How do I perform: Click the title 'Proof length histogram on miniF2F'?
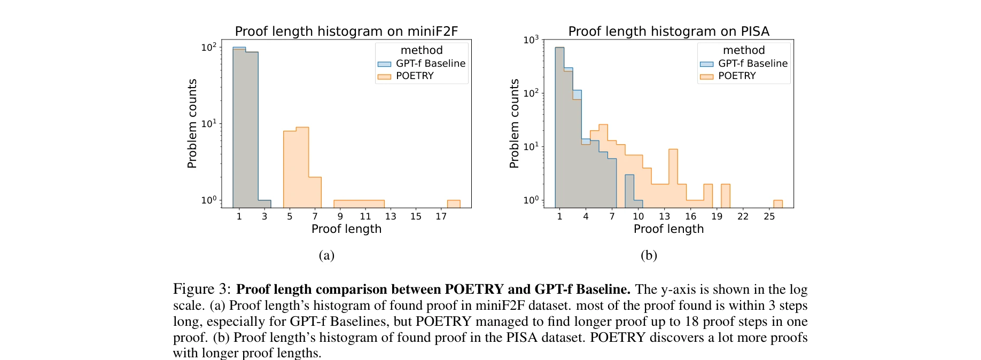[346, 32]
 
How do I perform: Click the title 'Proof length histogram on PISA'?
[668, 32]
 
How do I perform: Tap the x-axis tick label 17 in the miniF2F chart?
[441, 216]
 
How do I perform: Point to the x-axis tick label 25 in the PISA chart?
[769, 216]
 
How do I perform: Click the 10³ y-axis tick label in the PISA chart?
[531, 40]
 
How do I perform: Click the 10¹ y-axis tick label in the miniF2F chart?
[208, 124]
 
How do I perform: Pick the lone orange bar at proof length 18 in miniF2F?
[454, 204]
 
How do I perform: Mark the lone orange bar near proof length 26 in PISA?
[778, 204]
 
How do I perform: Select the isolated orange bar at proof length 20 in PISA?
[725, 195]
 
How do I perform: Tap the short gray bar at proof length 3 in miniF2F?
[264, 204]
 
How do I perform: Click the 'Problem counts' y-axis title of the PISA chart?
[514, 124]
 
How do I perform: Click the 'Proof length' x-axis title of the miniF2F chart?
[346, 229]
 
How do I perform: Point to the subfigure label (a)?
[326, 255]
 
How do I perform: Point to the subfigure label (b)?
[649, 255]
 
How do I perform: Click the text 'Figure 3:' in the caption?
[201, 289]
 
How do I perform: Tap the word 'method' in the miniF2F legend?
[422, 50]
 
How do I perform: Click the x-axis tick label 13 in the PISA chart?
[664, 216]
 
